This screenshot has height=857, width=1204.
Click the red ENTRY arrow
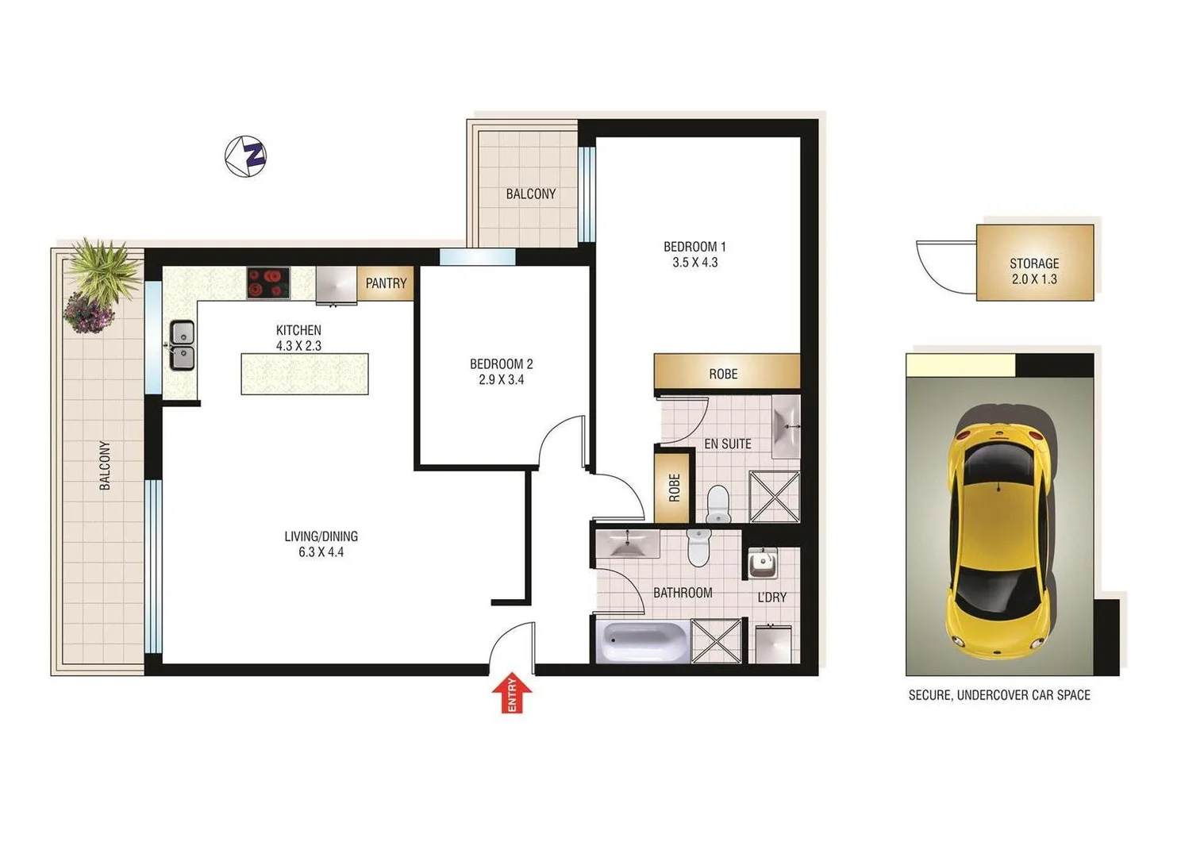pos(511,692)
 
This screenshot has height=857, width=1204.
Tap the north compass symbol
pos(246,156)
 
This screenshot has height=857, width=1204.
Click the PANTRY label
pos(386,283)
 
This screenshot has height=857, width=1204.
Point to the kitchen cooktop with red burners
pos(268,282)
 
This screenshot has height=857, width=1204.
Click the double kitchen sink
pos(182,345)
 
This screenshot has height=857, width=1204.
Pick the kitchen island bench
pos(305,374)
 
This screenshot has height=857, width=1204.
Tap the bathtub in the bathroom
pos(642,642)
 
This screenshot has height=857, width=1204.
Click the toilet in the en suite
pos(717,505)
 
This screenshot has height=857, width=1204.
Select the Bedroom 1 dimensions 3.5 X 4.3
pos(694,263)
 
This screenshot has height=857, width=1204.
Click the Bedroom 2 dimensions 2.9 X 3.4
pos(501,380)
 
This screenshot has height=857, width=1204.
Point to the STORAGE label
pos(1034,263)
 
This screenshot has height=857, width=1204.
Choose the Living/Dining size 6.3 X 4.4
pos(321,552)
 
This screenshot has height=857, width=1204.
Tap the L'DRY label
pos(771,597)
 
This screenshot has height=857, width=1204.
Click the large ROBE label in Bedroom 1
pos(723,374)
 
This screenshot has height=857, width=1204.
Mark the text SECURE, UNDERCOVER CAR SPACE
pos(999,695)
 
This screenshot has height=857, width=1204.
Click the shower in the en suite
pos(774,496)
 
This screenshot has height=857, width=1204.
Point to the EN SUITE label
pos(727,444)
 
